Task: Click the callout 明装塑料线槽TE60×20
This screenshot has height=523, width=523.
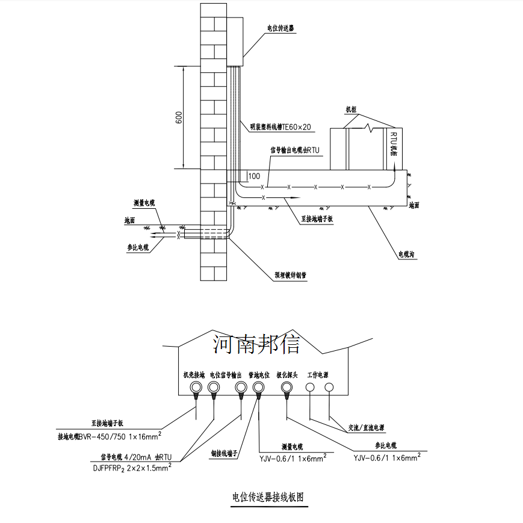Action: (x=281, y=127)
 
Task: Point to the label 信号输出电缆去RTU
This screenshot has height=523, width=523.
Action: (x=295, y=150)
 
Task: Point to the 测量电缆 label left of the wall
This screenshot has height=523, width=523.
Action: (x=144, y=203)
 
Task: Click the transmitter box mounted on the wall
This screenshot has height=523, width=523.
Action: (x=235, y=41)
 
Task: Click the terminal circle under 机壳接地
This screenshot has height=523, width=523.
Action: (x=196, y=388)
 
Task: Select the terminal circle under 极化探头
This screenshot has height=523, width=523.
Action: (x=286, y=388)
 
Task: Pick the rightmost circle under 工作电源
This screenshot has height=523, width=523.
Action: (x=329, y=388)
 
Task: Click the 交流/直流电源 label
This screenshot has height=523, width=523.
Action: (x=366, y=429)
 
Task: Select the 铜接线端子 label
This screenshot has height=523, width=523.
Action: (x=225, y=453)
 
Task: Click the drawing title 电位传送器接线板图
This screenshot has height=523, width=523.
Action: (x=267, y=498)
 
